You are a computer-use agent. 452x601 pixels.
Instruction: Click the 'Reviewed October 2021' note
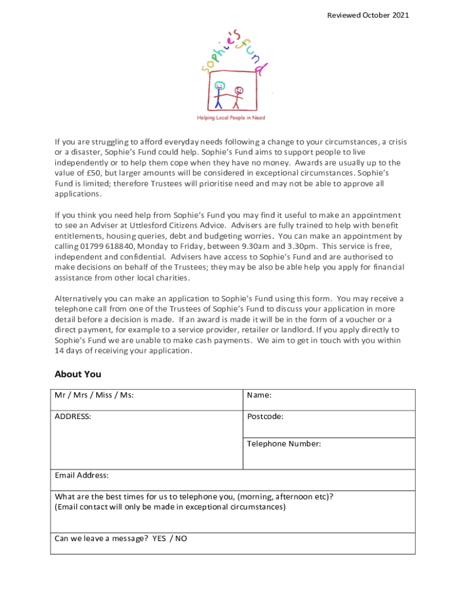tap(367, 15)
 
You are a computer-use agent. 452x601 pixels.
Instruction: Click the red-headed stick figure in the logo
tap(238, 97)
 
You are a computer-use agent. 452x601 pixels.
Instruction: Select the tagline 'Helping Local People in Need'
tap(230, 118)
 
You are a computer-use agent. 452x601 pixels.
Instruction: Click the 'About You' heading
tap(77, 374)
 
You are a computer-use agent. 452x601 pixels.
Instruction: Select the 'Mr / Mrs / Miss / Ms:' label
tap(94, 395)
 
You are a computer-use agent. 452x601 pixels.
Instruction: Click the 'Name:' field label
tap(259, 395)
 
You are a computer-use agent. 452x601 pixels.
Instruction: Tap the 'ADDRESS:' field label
tap(73, 416)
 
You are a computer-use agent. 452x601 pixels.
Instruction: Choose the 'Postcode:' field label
tap(265, 416)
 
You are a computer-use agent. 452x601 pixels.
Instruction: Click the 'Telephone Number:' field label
tap(284, 444)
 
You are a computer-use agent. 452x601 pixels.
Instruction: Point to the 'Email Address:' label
tap(82, 475)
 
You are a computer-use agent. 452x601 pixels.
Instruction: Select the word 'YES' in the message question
tap(159, 538)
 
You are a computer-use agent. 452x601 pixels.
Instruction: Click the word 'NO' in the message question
tap(181, 538)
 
